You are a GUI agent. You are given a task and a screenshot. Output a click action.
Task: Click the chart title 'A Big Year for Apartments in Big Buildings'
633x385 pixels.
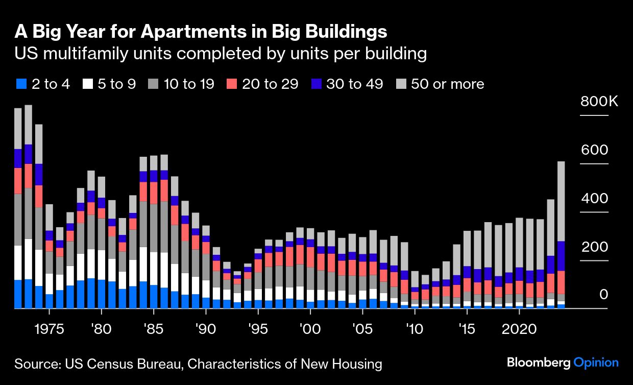201,32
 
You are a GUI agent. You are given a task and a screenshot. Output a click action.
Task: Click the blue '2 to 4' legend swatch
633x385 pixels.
21,84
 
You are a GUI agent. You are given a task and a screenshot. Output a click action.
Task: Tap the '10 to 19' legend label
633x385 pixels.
189,84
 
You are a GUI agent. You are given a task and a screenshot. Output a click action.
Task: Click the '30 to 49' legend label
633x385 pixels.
354,84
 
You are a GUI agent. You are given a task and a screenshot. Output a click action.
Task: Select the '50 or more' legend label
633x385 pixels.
447,84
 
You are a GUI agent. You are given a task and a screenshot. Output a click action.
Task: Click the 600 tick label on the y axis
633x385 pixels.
594,150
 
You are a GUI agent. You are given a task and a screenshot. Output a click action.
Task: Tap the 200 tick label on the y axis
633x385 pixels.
594,247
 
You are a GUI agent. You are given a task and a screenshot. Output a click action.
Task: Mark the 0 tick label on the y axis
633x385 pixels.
603,295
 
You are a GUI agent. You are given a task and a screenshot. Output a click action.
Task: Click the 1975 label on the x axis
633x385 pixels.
49,328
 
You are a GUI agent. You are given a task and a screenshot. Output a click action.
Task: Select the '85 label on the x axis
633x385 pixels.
153,328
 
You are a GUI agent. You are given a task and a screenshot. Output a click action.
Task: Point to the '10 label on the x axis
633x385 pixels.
414,328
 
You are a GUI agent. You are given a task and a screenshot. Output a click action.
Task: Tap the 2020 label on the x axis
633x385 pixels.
519,328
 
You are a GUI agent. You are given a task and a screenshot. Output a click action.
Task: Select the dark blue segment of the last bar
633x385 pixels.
561,256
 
